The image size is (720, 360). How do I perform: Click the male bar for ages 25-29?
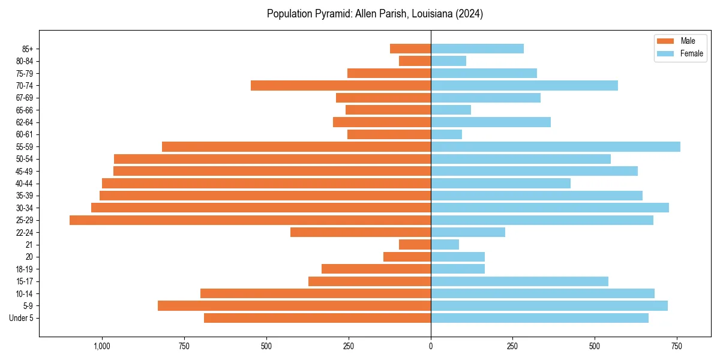[x=250, y=220]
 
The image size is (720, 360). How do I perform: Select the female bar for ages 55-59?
[x=556, y=147]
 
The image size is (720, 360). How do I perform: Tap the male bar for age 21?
[x=415, y=245]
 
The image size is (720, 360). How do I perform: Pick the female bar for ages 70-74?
[x=524, y=86]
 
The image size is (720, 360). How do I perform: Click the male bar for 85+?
[x=410, y=49]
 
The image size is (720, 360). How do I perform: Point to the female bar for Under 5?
[x=539, y=318]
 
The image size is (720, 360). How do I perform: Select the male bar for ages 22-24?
[x=361, y=232]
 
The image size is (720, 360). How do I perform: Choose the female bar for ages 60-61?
[x=446, y=134]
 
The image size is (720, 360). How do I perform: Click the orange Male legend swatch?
[x=665, y=41]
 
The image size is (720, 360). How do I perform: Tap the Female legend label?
[x=692, y=53]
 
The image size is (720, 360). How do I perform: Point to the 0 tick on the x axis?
[x=431, y=347]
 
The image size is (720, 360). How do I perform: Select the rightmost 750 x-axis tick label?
[x=677, y=347]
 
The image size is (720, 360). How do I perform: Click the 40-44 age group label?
[x=25, y=184]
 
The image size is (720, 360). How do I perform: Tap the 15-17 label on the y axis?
[x=25, y=281]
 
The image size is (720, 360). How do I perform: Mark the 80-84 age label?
[x=25, y=61]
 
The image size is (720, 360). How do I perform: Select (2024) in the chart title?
[x=469, y=14]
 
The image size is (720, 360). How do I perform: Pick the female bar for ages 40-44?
[x=500, y=184]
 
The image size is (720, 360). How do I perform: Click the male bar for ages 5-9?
[x=294, y=306]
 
